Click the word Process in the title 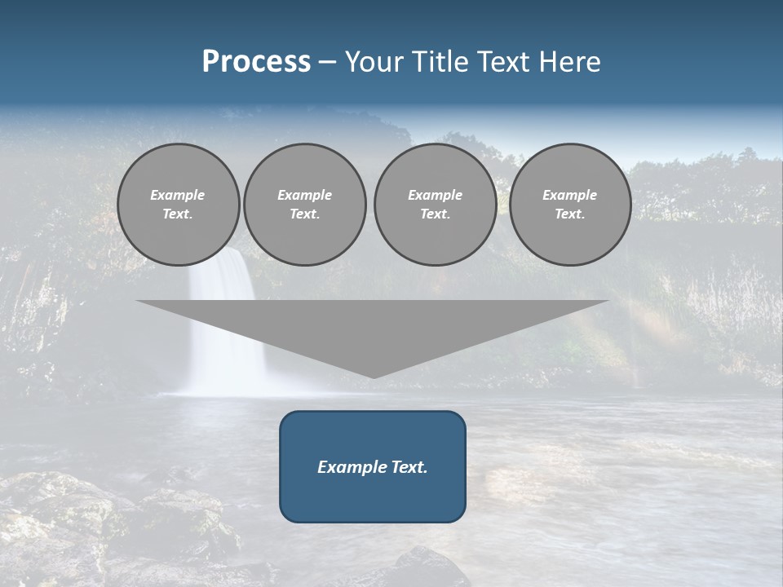pyautogui.click(x=256, y=62)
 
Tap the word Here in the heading pyautogui.click(x=571, y=62)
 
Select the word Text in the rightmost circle pyautogui.click(x=568, y=214)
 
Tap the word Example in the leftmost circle pyautogui.click(x=178, y=195)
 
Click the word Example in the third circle pyautogui.click(x=435, y=195)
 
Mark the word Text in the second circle pyautogui.click(x=303, y=214)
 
